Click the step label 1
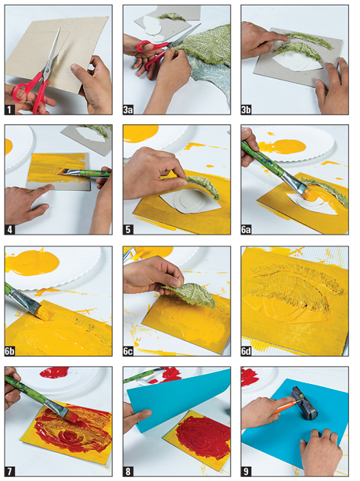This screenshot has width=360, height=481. point(10,109)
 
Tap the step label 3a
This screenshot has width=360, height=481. point(128,109)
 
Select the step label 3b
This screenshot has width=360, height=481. point(247,109)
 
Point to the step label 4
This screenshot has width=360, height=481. point(10,229)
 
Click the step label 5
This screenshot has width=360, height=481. point(128,229)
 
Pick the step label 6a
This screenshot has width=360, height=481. point(247,229)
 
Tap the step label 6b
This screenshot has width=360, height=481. point(10,351)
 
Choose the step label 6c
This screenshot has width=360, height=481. point(128,351)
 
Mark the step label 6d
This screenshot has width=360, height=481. point(247,351)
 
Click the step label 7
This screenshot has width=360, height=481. point(10,471)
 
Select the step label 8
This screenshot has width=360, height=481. point(128,471)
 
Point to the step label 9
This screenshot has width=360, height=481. point(247,471)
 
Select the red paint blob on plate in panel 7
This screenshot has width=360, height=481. point(54,372)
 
